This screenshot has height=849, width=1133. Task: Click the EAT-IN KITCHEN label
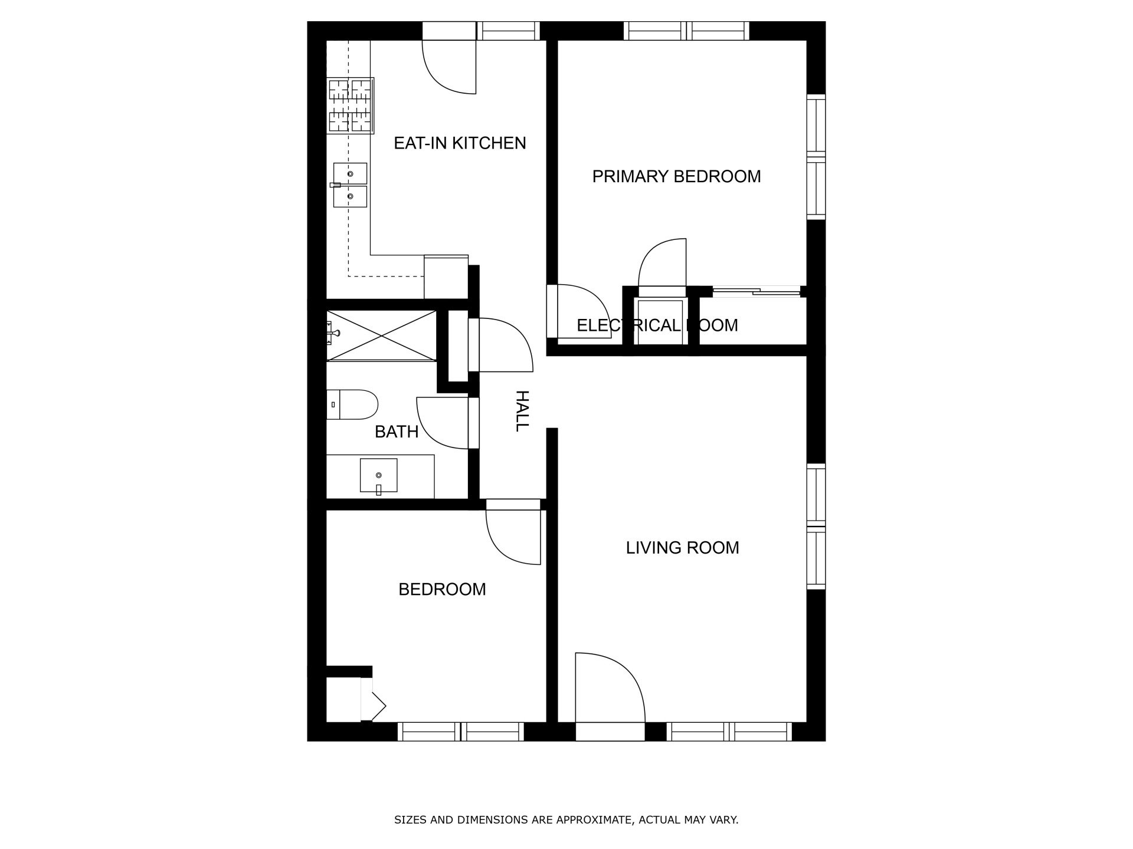click(460, 143)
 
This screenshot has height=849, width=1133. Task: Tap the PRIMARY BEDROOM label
click(676, 176)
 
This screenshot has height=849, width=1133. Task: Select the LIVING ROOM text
click(682, 548)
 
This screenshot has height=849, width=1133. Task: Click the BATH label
click(397, 432)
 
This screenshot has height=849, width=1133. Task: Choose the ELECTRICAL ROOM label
click(657, 325)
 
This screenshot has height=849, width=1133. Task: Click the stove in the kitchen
click(351, 106)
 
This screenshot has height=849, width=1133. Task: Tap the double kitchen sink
click(350, 185)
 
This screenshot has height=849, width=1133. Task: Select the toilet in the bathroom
click(352, 404)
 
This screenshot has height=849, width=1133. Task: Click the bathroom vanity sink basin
click(378, 475)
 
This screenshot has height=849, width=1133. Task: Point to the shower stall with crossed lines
click(381, 335)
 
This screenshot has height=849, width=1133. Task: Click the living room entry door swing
click(608, 687)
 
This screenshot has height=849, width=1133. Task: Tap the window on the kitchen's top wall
click(508, 31)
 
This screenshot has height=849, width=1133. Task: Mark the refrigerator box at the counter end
click(446, 277)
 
